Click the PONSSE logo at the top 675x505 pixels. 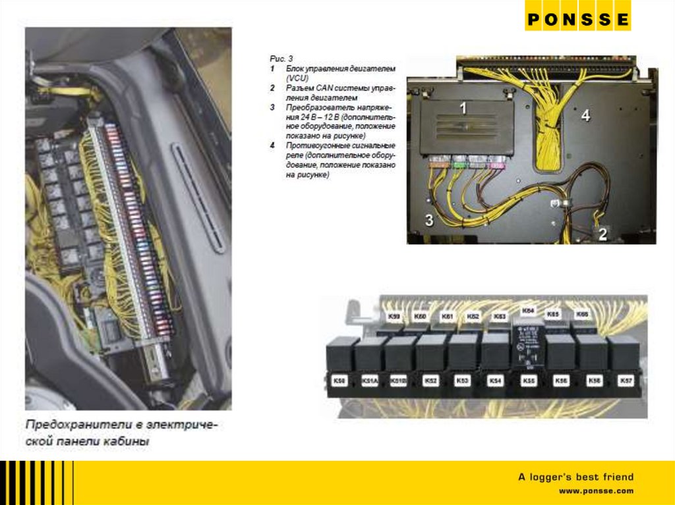(577, 19)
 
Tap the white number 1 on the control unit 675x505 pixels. (463, 108)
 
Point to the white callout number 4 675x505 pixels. (585, 116)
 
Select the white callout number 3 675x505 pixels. (428, 221)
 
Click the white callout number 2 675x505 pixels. (602, 233)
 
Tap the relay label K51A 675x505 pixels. (369, 381)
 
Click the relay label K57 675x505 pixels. (625, 381)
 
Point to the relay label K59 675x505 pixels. (394, 318)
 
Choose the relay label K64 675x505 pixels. (528, 311)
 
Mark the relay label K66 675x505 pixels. (581, 315)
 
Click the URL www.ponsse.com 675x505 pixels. (596, 491)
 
